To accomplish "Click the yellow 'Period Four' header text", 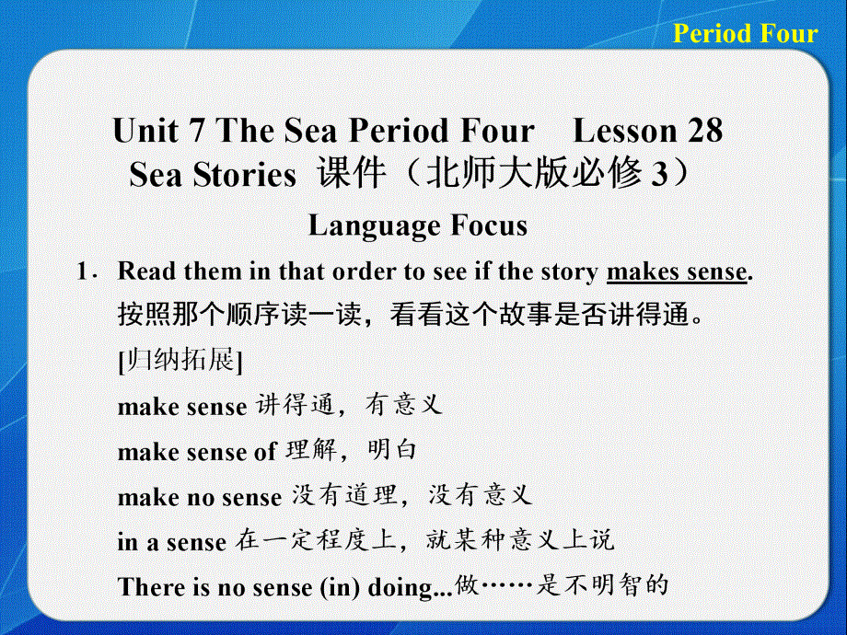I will point(745,34).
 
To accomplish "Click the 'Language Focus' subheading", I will point(418,225).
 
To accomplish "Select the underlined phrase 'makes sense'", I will point(676,272).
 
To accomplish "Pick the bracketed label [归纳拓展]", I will point(180,361).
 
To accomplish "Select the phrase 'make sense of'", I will point(197,451).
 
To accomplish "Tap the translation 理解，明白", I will point(351,450).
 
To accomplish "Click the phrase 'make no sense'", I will point(200,497).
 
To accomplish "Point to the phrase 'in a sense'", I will point(171,542).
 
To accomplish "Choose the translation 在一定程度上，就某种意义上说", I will point(423,541).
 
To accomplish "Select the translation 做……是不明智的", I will point(561,585).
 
